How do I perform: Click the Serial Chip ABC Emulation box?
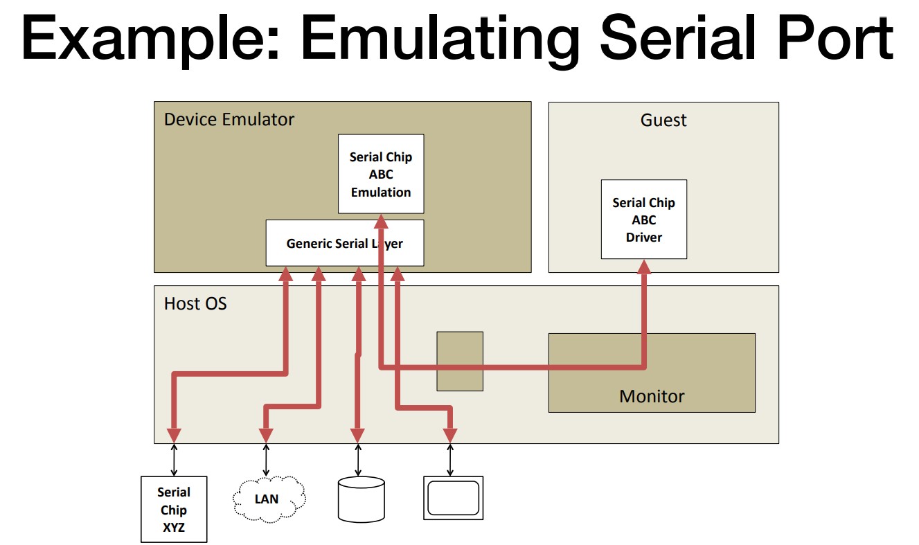coord(381,174)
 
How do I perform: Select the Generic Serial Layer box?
coord(345,243)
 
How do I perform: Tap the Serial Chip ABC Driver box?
coord(643,219)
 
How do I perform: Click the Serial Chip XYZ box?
coord(174,509)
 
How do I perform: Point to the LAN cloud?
coord(269,499)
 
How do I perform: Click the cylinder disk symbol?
coord(361,499)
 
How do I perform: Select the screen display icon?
coord(454,498)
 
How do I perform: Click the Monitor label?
coord(652,396)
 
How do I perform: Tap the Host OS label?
coord(195,304)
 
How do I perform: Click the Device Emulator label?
coord(229,119)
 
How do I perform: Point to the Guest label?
coord(663,120)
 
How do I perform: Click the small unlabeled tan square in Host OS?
coord(460,361)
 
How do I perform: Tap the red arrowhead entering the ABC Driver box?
coord(643,267)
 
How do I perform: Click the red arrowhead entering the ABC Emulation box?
coord(381,222)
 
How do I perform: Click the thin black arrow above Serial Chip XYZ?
coord(174,460)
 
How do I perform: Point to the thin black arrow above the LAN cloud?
coord(266,460)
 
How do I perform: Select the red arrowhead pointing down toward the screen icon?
coord(450,436)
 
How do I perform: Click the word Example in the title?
coord(150,39)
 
